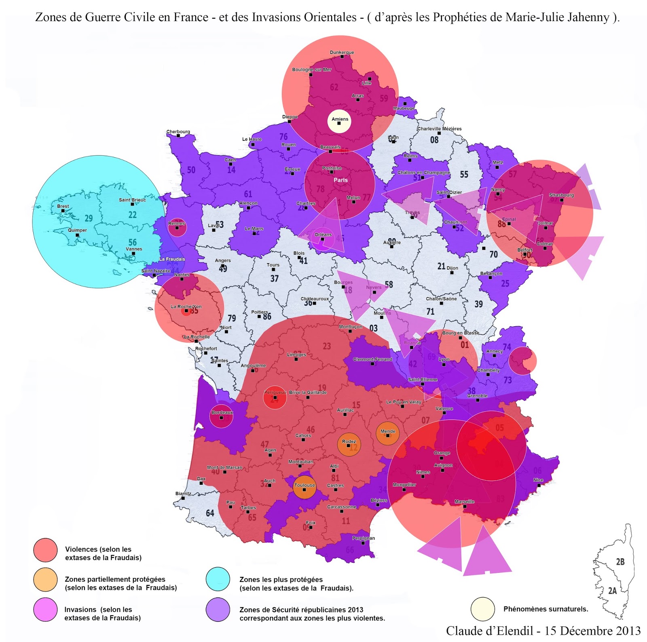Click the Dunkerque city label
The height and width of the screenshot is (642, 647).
tap(342, 52)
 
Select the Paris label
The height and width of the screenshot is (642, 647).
tap(340, 180)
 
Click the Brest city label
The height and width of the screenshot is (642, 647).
tap(63, 206)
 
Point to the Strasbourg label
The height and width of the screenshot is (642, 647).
tap(561, 195)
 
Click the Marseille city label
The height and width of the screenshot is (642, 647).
tap(464, 502)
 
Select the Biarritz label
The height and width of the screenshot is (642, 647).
tap(183, 494)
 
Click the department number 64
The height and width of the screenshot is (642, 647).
tap(210, 513)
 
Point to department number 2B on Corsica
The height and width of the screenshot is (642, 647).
tap(620, 562)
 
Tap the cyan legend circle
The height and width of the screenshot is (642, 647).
tap(218, 579)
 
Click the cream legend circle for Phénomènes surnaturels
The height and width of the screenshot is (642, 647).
tap(483, 609)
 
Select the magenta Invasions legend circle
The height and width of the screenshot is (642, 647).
tap(45, 609)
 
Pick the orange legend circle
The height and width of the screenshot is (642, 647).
tap(45, 579)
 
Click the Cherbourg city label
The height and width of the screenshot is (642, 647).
tap(178, 132)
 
